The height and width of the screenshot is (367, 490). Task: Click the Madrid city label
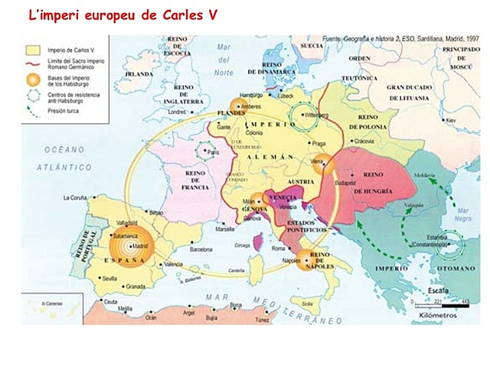click(x=141, y=246)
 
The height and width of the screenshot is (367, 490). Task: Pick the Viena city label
click(x=317, y=161)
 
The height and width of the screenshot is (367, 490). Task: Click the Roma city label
click(x=278, y=248)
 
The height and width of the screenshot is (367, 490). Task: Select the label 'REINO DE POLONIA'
click(x=372, y=120)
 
